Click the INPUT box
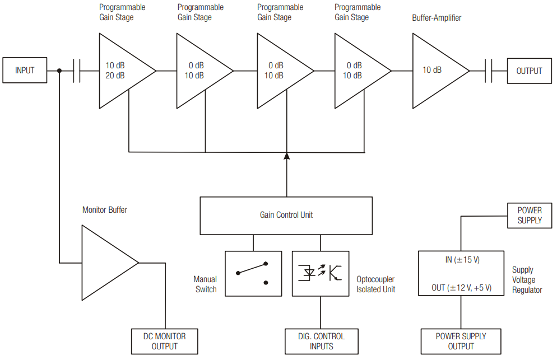click(25, 71)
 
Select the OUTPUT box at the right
click(529, 71)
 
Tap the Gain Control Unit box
click(286, 215)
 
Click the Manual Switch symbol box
click(253, 273)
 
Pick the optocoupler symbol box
click(321, 273)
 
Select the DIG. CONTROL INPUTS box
click(321, 341)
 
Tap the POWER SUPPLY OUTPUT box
click(461, 341)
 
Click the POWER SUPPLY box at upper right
click(530, 216)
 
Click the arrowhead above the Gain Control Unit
click(286, 156)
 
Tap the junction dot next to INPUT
click(59, 71)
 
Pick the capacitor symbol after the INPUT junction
click(77, 71)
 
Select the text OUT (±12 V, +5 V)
click(461, 288)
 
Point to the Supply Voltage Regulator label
click(527, 280)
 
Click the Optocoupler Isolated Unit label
click(375, 284)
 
